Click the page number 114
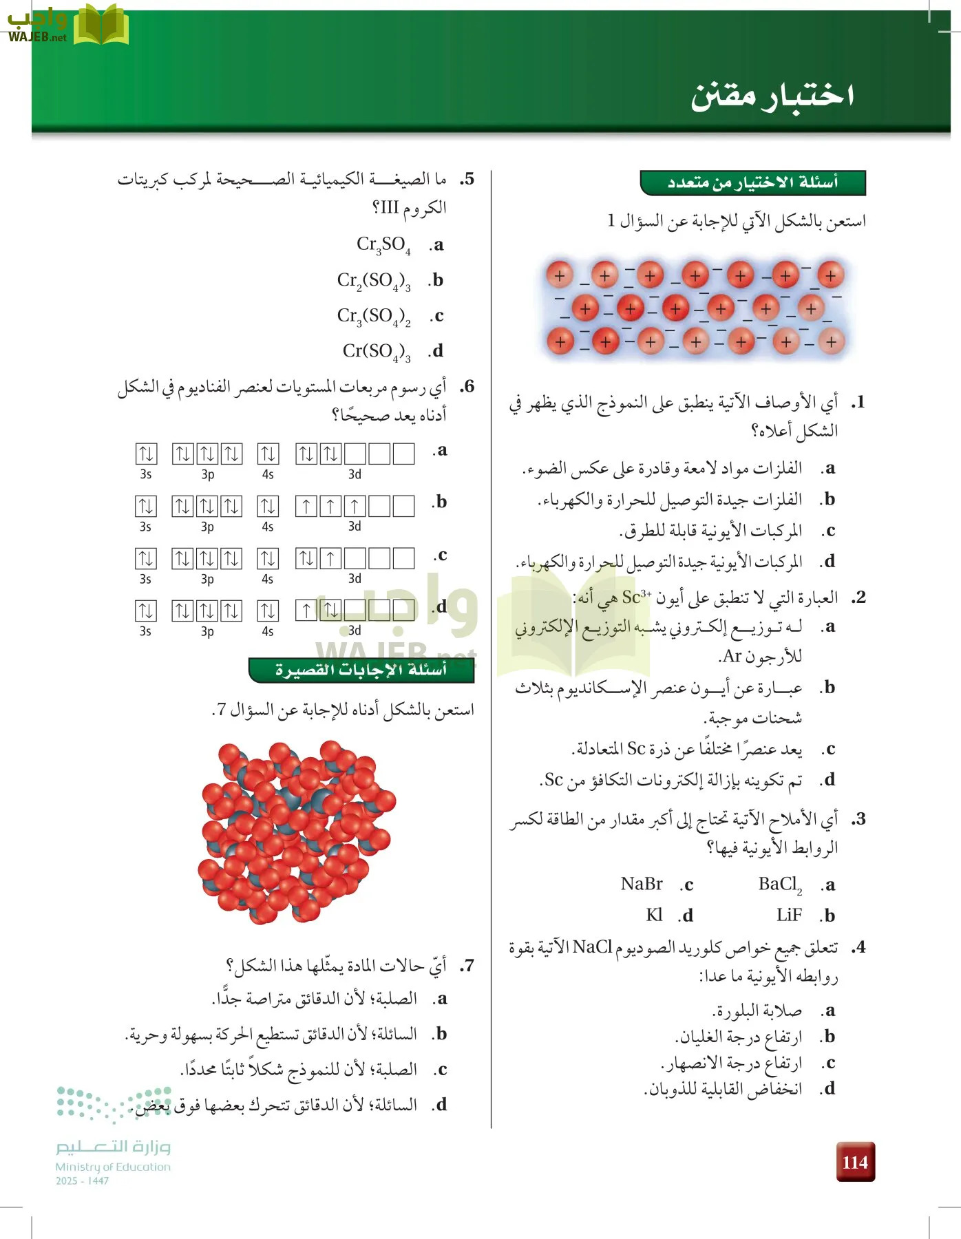point(855,1162)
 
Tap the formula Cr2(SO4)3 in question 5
point(374,281)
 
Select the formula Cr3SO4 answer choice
point(383,245)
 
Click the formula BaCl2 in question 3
point(780,885)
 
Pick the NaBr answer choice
point(642,884)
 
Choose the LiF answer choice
point(789,915)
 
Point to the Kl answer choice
point(654,915)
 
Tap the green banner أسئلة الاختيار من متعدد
point(752,182)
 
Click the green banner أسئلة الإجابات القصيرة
point(361,670)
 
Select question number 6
point(467,386)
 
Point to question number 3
point(858,819)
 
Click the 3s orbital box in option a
point(146,454)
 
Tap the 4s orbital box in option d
point(268,610)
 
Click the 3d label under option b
point(355,527)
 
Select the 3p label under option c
point(207,579)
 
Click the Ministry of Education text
point(113,1167)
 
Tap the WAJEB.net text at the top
point(37,37)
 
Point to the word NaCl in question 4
point(592,947)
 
